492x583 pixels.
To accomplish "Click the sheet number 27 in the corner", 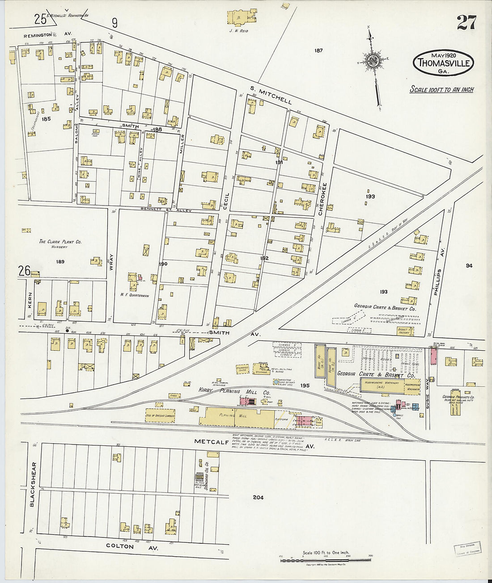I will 467,22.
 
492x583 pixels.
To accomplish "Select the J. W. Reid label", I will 238,31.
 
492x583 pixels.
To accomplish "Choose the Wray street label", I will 112,263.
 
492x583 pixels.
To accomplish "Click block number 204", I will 258,497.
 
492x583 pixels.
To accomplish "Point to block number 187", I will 318,50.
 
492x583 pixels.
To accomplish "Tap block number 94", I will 468,265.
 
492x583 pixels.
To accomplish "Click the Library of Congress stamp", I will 467,548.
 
